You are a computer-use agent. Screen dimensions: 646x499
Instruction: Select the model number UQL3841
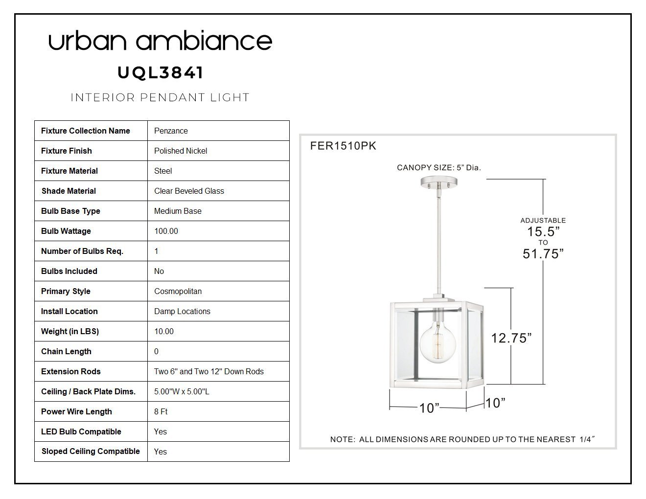160,73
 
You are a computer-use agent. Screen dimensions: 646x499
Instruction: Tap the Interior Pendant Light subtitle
160,97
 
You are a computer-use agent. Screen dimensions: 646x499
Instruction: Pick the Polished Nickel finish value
181,151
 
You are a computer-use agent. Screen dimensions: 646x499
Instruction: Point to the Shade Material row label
69,191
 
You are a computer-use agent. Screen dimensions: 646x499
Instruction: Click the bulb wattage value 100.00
166,231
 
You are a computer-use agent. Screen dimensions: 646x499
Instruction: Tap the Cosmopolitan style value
178,291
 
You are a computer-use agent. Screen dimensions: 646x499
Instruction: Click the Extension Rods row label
71,371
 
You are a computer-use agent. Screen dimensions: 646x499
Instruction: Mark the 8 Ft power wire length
161,411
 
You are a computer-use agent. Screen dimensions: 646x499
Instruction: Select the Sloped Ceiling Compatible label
91,452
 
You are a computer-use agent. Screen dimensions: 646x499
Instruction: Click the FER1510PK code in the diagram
343,146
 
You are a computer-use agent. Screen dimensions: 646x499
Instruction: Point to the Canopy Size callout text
439,168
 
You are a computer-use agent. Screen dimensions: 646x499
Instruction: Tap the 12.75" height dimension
511,338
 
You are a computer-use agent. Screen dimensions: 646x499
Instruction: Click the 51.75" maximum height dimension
543,254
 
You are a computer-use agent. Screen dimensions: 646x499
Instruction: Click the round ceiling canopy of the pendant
439,182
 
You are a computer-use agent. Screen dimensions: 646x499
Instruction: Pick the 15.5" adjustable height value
543,231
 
